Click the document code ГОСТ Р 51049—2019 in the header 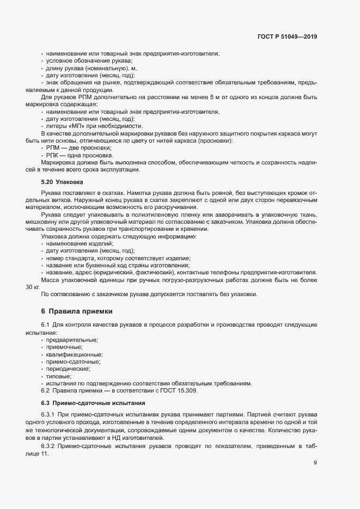(286, 37)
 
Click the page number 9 (315, 463)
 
